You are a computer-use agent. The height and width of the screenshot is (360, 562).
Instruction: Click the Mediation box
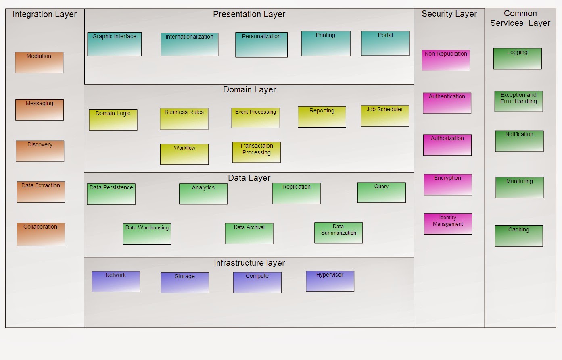[x=39, y=62]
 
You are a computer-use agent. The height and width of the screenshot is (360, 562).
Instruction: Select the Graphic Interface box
[x=115, y=44]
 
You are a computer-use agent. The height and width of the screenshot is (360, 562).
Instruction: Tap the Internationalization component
[x=189, y=44]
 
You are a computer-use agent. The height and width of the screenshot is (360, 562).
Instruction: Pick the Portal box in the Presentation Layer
[x=385, y=43]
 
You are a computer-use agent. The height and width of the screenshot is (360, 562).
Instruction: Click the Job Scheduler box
[x=385, y=116]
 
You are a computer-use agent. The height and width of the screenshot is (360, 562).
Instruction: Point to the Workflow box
[x=184, y=154]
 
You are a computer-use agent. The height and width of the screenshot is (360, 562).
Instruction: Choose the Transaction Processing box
[x=256, y=152]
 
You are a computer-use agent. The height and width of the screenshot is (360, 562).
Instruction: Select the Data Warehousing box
[x=147, y=234]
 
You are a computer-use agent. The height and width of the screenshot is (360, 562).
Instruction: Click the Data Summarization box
[x=338, y=233]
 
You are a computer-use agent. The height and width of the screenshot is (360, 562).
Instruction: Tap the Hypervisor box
[x=330, y=281]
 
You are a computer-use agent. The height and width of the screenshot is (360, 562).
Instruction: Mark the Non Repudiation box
[x=446, y=60]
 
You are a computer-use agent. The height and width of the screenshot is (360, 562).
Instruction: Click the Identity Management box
[x=448, y=224]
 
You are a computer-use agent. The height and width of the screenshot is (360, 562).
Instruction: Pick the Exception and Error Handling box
[x=518, y=101]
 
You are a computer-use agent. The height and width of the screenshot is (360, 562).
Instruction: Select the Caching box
[x=519, y=236]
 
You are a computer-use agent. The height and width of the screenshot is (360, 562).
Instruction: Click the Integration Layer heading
[x=44, y=15]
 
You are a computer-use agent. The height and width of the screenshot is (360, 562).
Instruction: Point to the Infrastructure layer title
[x=249, y=263]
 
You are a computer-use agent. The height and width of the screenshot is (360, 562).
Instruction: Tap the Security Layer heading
[x=449, y=14]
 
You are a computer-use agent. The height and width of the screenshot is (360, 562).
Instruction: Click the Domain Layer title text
[x=249, y=90]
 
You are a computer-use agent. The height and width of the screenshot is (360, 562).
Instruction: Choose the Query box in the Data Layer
[x=381, y=193]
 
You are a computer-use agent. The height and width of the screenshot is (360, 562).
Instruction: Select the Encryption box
[x=447, y=185]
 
